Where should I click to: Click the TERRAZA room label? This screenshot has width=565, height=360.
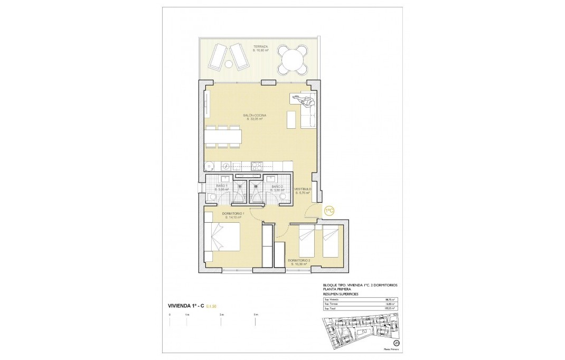click(x=260, y=47)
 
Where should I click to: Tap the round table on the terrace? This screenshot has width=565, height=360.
click(x=293, y=59)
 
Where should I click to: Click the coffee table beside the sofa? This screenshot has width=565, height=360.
click(x=291, y=120)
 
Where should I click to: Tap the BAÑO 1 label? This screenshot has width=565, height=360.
click(x=222, y=186)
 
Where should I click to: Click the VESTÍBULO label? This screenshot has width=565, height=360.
click(x=303, y=188)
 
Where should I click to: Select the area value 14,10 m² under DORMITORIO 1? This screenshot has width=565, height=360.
click(x=233, y=217)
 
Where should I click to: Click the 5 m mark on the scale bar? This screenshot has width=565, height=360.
click(x=256, y=315)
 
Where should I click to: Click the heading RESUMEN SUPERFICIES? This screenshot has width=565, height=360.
click(x=340, y=293)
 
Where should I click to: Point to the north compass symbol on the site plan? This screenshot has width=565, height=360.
click(x=396, y=343)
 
